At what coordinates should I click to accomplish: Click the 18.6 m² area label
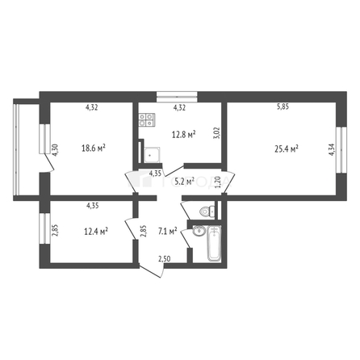click(95, 148)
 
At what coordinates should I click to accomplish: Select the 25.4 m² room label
click(286, 148)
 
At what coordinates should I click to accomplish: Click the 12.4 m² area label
click(95, 232)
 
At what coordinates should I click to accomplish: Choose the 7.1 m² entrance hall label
click(170, 232)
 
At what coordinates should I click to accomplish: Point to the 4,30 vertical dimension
click(54, 151)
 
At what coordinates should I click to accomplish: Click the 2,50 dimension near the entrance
click(164, 258)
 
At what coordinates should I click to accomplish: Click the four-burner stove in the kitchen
click(147, 121)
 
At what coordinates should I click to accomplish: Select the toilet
click(207, 211)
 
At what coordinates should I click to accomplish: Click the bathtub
click(213, 245)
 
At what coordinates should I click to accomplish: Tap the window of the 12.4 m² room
click(40, 231)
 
